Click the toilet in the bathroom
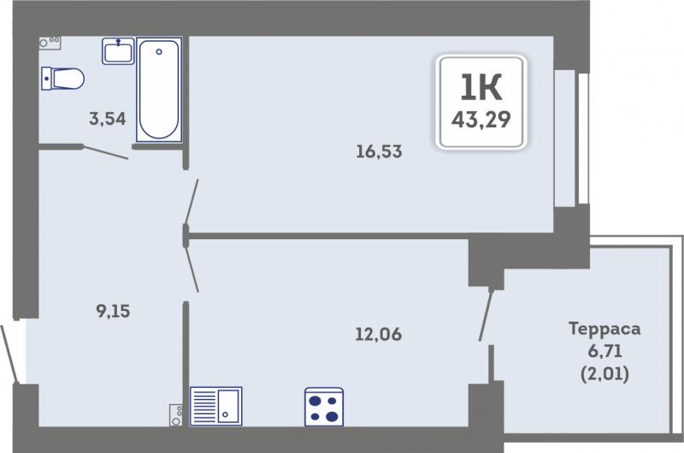[x=62, y=79]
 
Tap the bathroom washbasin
[x=118, y=51]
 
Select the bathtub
[x=159, y=90]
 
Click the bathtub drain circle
[x=159, y=51]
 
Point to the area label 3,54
[x=108, y=119]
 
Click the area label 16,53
[x=379, y=152]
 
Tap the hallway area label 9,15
[x=113, y=311]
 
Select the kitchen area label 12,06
[x=379, y=334]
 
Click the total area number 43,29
[x=481, y=119]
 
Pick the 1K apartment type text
[x=481, y=87]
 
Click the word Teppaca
[x=604, y=329]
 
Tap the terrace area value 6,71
[x=605, y=350]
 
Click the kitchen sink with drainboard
[x=216, y=406]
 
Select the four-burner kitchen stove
[x=324, y=407]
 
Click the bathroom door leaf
[x=105, y=153]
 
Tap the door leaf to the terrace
[x=486, y=315]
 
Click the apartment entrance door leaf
[x=9, y=354]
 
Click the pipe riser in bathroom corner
[x=50, y=43]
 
